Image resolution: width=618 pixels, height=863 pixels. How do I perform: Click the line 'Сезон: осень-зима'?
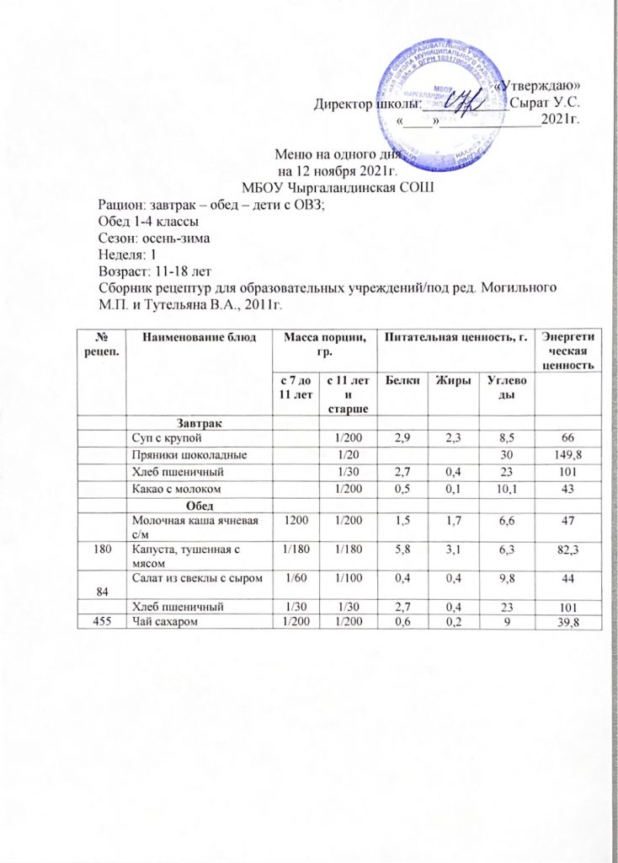(148, 238)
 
